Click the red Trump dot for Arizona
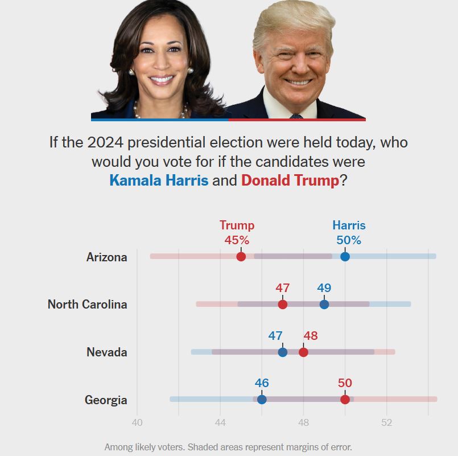[x=241, y=257]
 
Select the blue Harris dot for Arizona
[x=345, y=257]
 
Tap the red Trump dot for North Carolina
[x=283, y=304]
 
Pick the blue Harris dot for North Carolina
[x=324, y=304]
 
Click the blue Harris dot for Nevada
[x=283, y=352]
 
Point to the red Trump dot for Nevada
[x=303, y=352]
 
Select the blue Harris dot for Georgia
[x=262, y=399]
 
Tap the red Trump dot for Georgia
[x=345, y=399]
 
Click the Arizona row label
[x=107, y=257]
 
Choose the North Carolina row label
[x=88, y=304]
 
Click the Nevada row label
[x=107, y=352]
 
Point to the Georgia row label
[x=106, y=400]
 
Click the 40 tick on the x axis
[x=137, y=422]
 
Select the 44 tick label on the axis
[x=220, y=422]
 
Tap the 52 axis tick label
[x=386, y=422]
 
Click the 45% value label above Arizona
[x=237, y=240]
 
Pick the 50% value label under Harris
[x=349, y=240]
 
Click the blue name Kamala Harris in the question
[x=159, y=180]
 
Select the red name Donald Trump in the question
[x=290, y=180]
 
